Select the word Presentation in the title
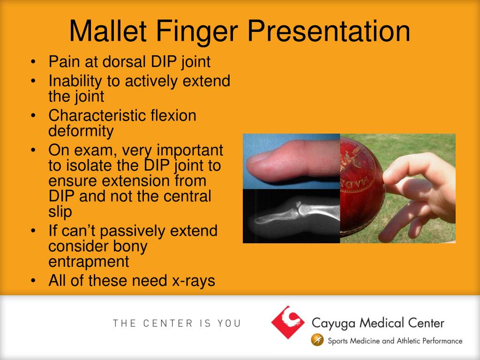tap(329, 31)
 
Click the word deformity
tap(81, 131)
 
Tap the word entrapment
tap(89, 261)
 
